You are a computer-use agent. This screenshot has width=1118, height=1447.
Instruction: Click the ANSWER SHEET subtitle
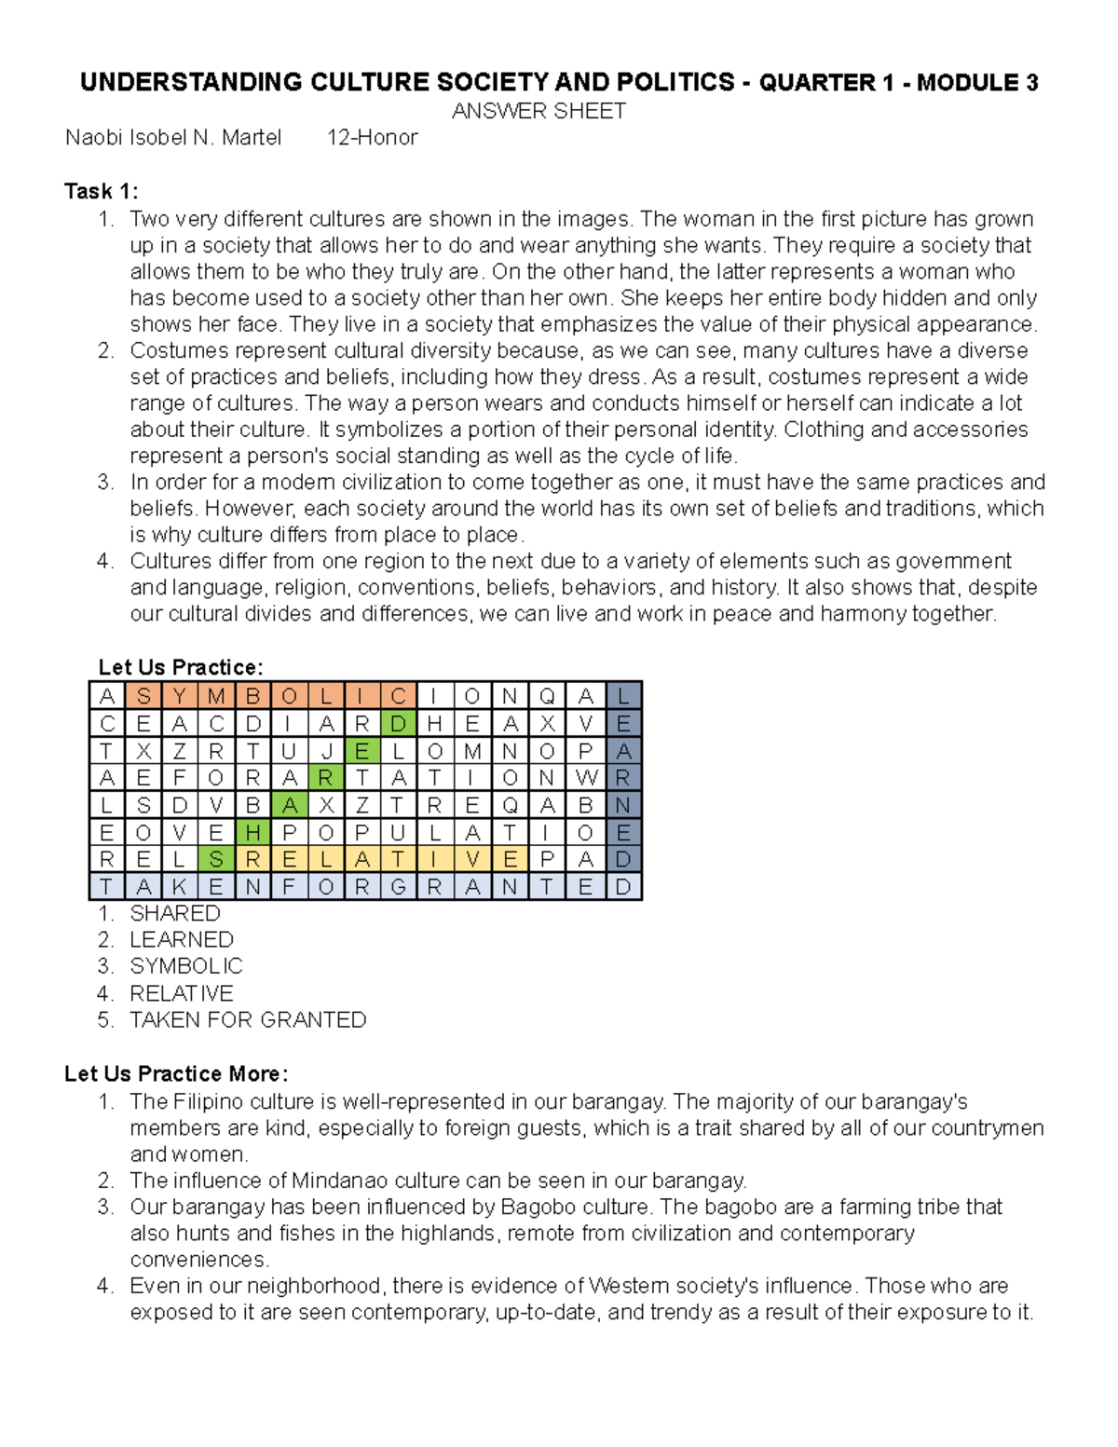point(539,111)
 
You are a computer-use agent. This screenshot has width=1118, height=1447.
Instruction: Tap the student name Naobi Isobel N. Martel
point(173,138)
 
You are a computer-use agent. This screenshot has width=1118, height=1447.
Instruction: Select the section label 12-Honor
point(372,138)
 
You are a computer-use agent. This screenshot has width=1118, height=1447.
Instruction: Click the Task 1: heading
point(101,191)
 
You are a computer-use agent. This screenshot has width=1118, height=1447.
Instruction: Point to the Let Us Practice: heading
point(181,667)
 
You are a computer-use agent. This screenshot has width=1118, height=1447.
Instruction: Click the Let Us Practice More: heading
point(176,1073)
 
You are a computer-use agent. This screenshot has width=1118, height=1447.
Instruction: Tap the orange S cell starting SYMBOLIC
point(143,696)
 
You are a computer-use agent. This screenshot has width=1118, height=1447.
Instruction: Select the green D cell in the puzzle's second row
point(398,723)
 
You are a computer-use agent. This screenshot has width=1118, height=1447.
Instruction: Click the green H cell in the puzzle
point(252,832)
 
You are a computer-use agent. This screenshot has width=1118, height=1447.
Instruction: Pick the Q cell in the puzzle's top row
point(547,696)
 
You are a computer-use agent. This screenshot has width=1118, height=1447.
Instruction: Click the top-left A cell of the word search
point(107,696)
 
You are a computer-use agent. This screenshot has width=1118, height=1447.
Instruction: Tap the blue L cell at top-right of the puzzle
point(623,696)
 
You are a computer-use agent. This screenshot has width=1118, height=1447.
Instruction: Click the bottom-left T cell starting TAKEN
point(107,887)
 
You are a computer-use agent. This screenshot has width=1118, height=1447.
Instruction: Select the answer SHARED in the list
point(175,913)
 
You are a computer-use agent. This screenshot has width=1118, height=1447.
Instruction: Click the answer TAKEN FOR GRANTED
point(248,1020)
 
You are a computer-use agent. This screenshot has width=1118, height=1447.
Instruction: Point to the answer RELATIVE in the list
point(182,993)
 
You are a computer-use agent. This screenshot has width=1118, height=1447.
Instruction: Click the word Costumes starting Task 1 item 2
point(172,351)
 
